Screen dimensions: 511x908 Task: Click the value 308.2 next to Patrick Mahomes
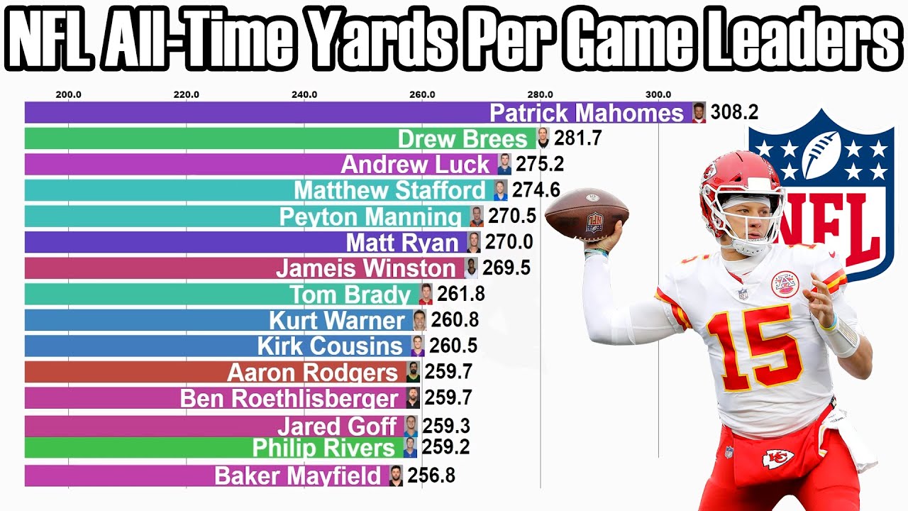coord(734,112)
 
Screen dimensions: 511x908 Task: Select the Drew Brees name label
coord(463,138)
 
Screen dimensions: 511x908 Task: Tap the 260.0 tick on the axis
coord(422,94)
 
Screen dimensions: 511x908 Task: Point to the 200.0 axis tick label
coord(68,94)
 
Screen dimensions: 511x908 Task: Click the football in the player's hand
coord(587,215)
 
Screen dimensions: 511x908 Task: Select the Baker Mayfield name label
coord(298,476)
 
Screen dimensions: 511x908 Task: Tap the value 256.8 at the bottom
coord(431,476)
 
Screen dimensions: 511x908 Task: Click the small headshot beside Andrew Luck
coord(504,164)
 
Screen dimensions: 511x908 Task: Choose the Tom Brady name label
coord(350,294)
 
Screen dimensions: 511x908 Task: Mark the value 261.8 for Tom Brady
coord(461,293)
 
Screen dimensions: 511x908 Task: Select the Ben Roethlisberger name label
coord(290,398)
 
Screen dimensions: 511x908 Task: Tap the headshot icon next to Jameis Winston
coord(471,268)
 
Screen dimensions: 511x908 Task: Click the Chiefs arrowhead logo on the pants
coord(778,459)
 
